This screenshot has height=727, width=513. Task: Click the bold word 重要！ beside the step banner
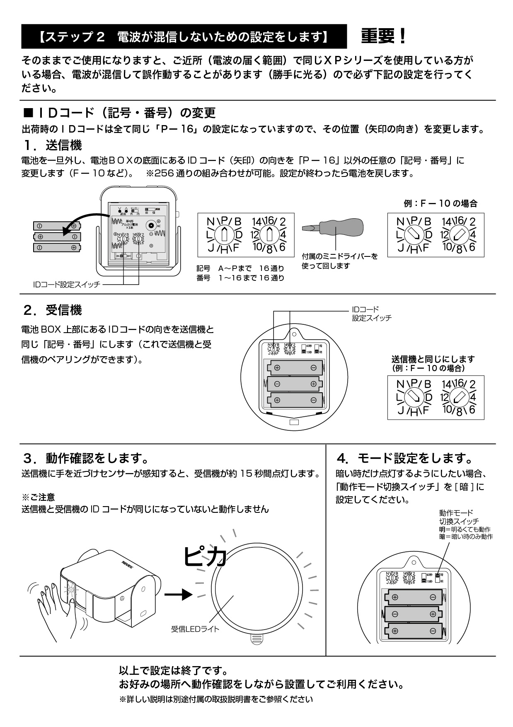tap(384, 37)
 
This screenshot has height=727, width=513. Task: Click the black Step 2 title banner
tap(184, 37)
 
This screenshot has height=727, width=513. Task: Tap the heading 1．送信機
tap(53, 145)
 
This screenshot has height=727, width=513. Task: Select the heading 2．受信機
tap(53, 310)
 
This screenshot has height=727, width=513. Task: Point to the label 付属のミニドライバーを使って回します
tap(339, 261)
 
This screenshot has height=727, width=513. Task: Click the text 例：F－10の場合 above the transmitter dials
tap(440, 203)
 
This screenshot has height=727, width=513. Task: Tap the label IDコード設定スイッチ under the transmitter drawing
tap(66, 285)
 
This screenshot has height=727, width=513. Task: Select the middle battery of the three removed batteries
tap(57, 237)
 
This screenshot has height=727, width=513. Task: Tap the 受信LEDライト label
tap(195, 629)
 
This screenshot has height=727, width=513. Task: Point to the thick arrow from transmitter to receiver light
tap(178, 594)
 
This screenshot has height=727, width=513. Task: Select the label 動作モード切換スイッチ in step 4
tap(459, 517)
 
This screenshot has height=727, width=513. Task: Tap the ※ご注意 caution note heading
tap(38, 497)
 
